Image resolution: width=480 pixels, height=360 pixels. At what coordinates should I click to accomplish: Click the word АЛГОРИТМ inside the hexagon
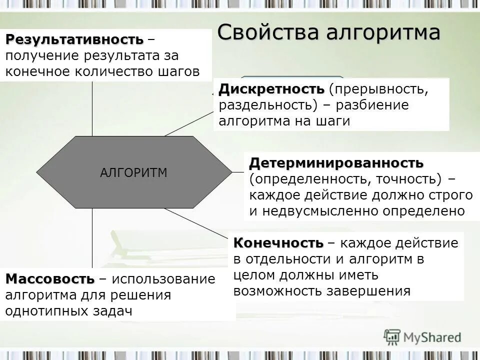(133, 173)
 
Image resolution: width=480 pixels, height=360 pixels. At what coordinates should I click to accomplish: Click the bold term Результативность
(75, 39)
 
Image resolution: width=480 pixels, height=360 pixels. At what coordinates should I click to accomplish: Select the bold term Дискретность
(271, 89)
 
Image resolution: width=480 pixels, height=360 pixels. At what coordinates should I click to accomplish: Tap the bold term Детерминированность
(336, 163)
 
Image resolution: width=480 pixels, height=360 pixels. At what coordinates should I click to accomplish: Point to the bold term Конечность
(278, 243)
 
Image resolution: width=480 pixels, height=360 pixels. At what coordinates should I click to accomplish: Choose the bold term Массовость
(50, 278)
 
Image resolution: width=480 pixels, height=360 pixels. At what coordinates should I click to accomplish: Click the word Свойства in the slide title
(262, 33)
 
